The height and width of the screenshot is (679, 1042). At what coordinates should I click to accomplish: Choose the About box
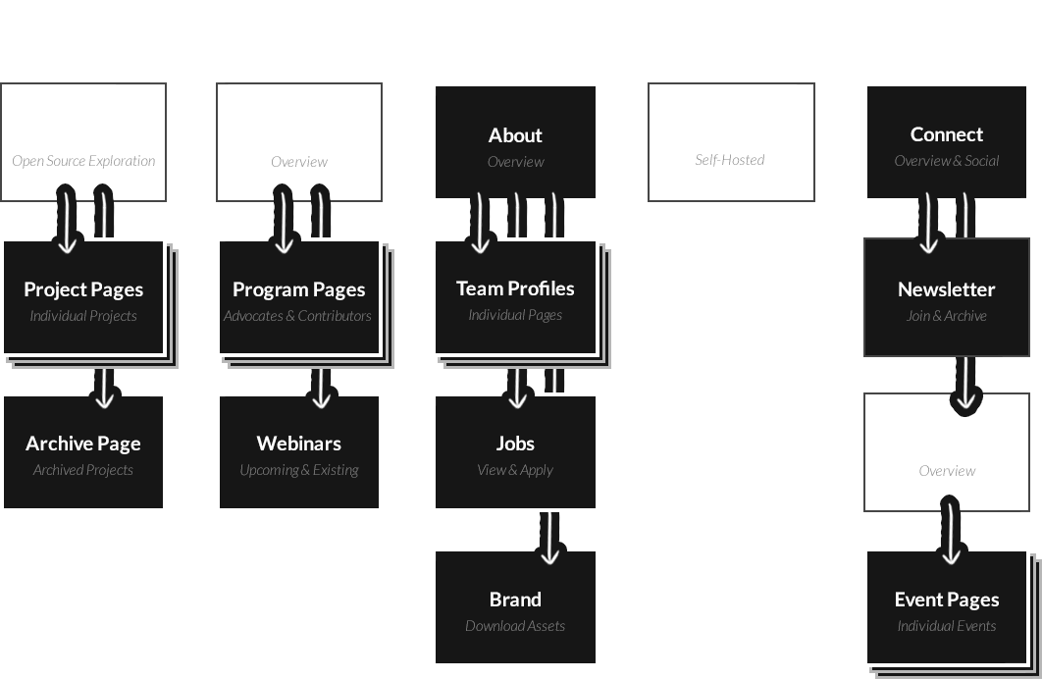pos(515,142)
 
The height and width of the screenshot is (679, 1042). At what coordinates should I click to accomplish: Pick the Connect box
pos(946,142)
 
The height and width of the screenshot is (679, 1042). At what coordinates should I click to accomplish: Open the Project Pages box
pos(83,296)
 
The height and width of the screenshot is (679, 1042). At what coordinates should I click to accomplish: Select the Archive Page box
pos(83,452)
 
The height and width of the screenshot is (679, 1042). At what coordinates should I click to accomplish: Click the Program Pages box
pos(298,296)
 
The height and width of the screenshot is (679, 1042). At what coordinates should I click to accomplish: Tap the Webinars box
pos(298,452)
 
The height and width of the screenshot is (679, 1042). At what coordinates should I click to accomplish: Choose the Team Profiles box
pos(515,296)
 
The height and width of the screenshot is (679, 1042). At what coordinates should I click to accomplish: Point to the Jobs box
pos(515,452)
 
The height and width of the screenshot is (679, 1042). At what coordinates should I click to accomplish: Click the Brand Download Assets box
pos(515,607)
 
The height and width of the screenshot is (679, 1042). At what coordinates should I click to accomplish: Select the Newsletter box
pos(946,296)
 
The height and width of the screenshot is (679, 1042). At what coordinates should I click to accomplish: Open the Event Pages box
pos(946,607)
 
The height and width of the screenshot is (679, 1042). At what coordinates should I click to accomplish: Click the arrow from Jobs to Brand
pos(549,538)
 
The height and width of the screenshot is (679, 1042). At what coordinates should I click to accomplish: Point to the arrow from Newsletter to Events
pos(966,383)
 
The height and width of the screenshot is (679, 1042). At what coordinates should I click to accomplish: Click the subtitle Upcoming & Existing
pos(298,470)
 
